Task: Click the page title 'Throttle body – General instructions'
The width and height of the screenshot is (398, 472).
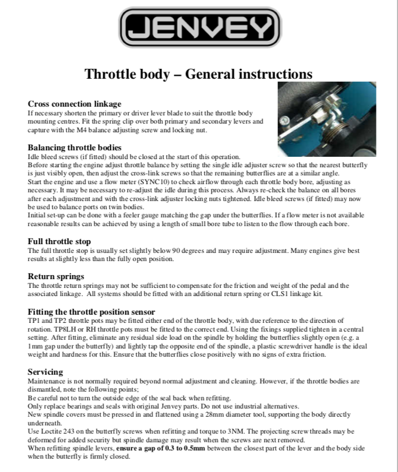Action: coord(199,75)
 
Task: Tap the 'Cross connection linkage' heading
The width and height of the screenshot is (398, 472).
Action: coord(75,103)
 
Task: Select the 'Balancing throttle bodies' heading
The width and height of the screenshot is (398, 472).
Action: coord(75,147)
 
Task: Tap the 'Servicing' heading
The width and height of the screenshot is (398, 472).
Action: coord(46,371)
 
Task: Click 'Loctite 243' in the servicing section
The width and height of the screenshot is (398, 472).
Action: coord(56,432)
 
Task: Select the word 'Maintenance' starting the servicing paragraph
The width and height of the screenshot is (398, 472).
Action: coord(47,381)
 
